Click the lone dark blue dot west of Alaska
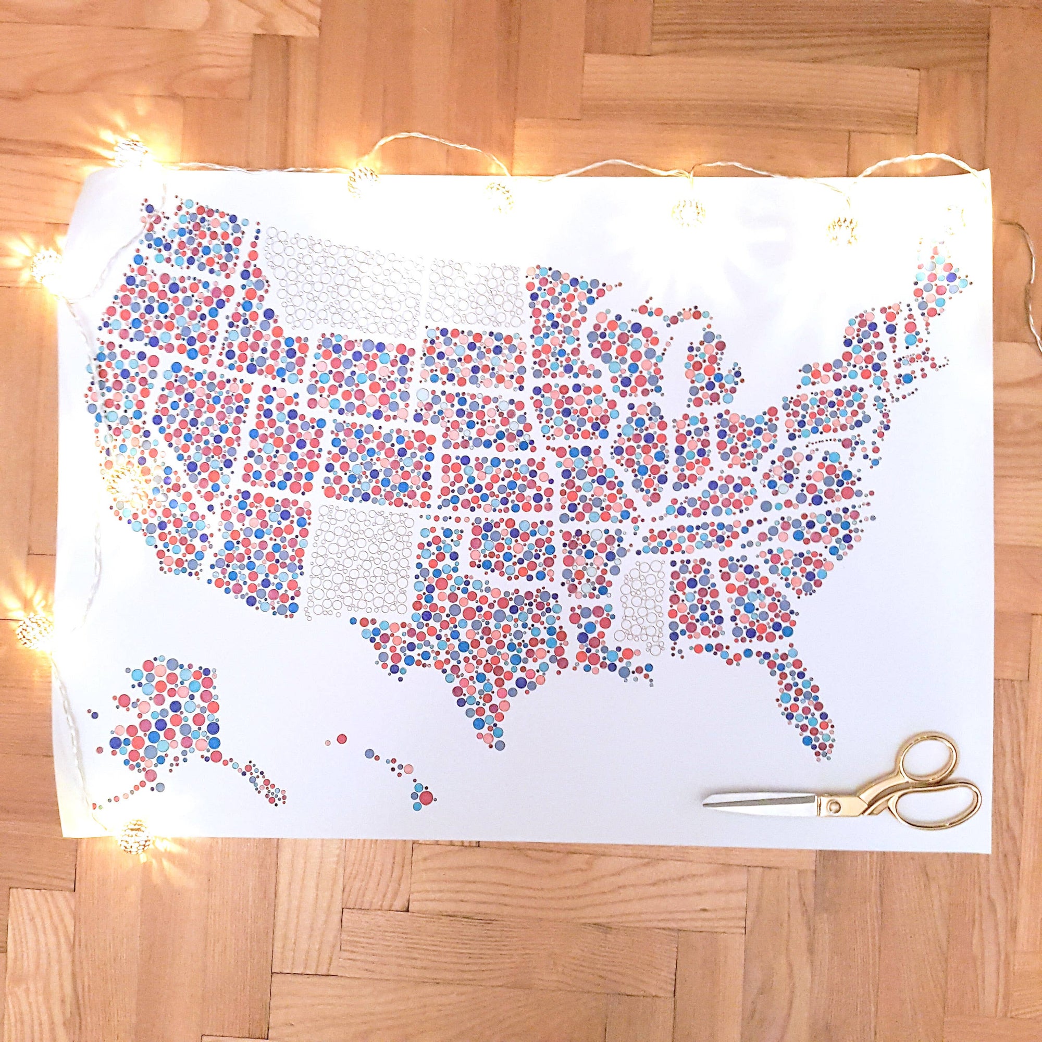coord(95,715)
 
